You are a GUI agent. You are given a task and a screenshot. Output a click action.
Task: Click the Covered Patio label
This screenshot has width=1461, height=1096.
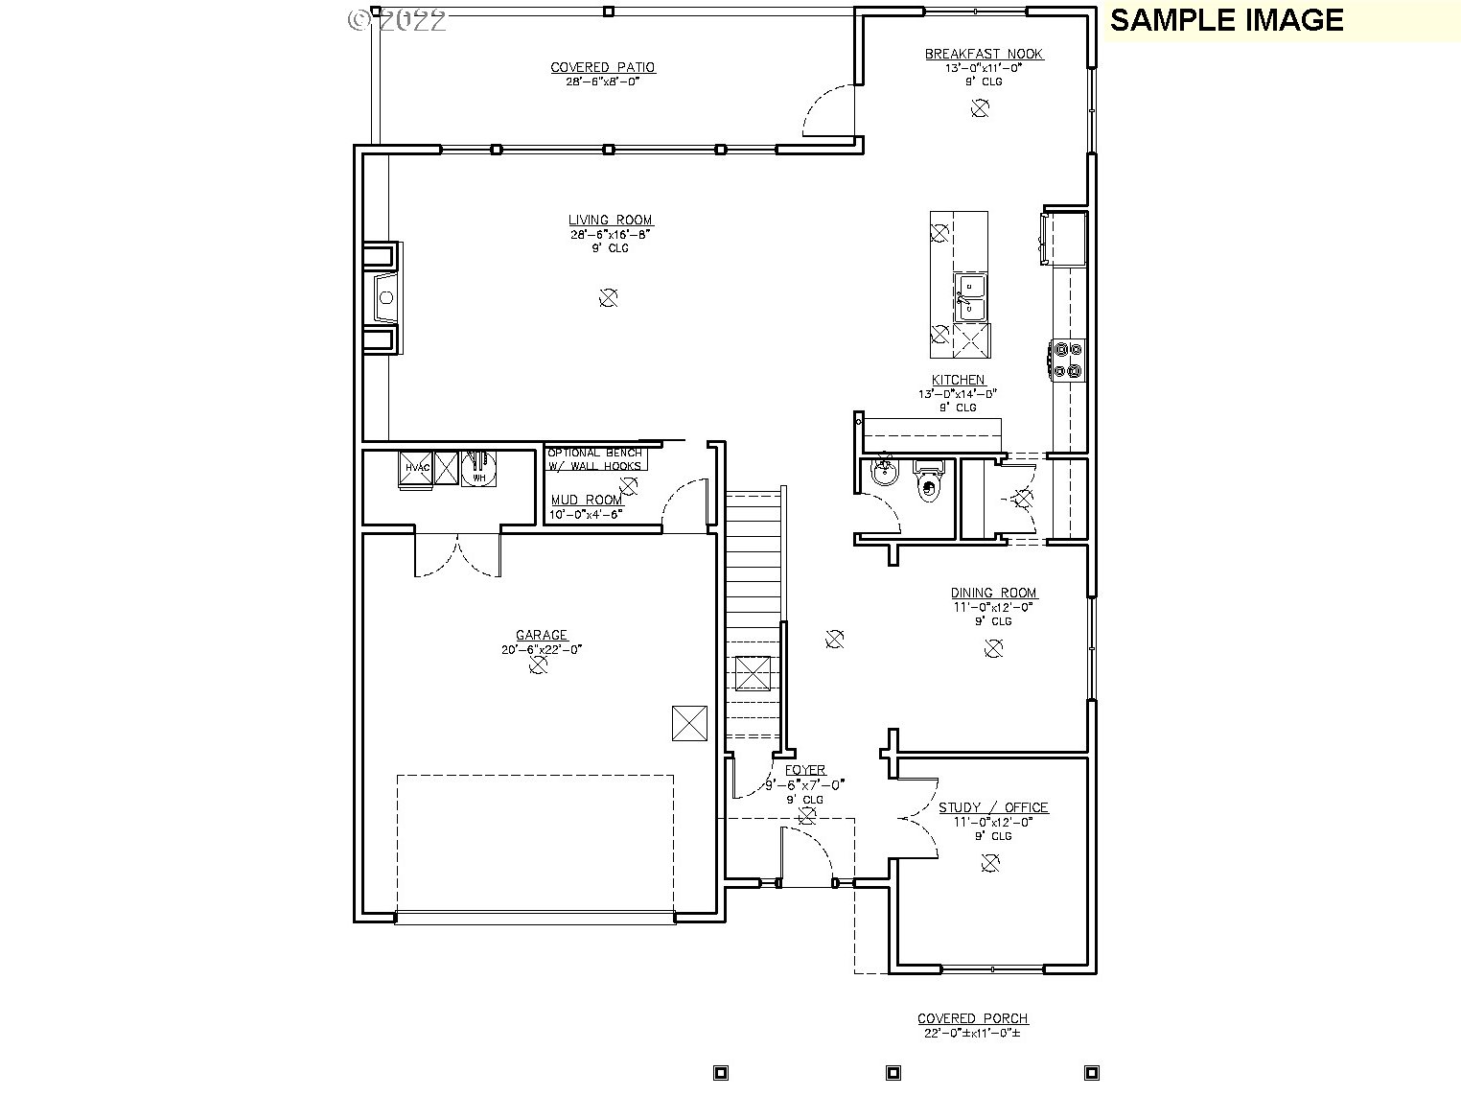pos(602,67)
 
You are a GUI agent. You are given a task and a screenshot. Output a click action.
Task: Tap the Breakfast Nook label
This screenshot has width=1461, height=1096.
pos(984,54)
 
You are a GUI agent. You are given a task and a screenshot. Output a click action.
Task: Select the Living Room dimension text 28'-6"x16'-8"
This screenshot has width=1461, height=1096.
pos(610,234)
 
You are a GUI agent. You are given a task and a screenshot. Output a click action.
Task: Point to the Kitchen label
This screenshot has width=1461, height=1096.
pos(958,380)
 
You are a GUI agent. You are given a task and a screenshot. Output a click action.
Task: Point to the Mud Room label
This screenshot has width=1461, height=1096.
pos(587,500)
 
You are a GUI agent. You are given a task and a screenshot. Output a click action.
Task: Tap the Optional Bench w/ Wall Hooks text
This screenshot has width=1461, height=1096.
pos(594,459)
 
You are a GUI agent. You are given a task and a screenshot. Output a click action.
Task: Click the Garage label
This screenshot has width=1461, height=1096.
pos(542,635)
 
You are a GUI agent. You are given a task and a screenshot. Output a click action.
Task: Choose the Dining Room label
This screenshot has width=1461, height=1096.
pos(993,593)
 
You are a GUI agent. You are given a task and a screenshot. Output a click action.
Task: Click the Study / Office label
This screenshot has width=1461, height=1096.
pos(992,807)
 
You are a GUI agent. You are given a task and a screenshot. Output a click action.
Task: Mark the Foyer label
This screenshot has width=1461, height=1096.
pos(805,770)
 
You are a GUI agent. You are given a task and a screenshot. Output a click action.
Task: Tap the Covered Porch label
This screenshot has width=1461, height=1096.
pos(972,1018)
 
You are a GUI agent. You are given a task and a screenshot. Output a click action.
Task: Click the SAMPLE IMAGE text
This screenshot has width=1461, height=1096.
pos(1226,20)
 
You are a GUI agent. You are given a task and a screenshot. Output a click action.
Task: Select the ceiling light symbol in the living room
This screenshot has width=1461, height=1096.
pos(608,298)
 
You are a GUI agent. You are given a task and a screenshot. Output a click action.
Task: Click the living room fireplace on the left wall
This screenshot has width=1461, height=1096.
pos(383,298)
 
